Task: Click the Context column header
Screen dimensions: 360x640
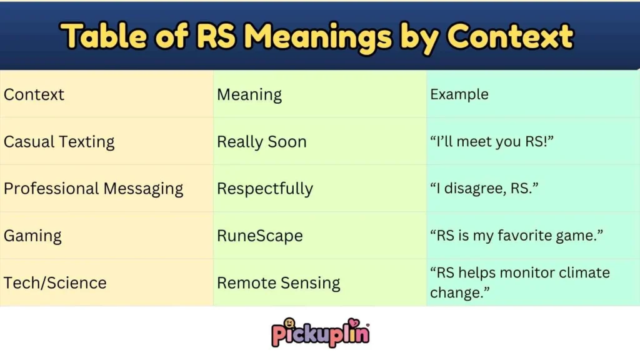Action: pos(34,95)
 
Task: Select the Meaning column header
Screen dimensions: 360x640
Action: pos(249,95)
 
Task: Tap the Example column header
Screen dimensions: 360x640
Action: pos(459,95)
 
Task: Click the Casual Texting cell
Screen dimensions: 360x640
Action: pos(59,142)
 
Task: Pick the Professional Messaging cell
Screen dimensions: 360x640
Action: pos(94,189)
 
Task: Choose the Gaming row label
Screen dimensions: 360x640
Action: pos(32,236)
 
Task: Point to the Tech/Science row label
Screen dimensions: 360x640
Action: pos(55,282)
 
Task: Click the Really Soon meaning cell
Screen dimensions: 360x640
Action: pos(262,142)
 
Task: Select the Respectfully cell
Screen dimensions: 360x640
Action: pos(265,189)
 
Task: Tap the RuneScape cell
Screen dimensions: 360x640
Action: pos(260,236)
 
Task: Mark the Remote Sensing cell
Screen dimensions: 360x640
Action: pos(279,282)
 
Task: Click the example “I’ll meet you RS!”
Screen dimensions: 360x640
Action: pos(492,142)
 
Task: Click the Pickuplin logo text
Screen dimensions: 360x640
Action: pos(321,334)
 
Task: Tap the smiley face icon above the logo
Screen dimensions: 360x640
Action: pos(289,323)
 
